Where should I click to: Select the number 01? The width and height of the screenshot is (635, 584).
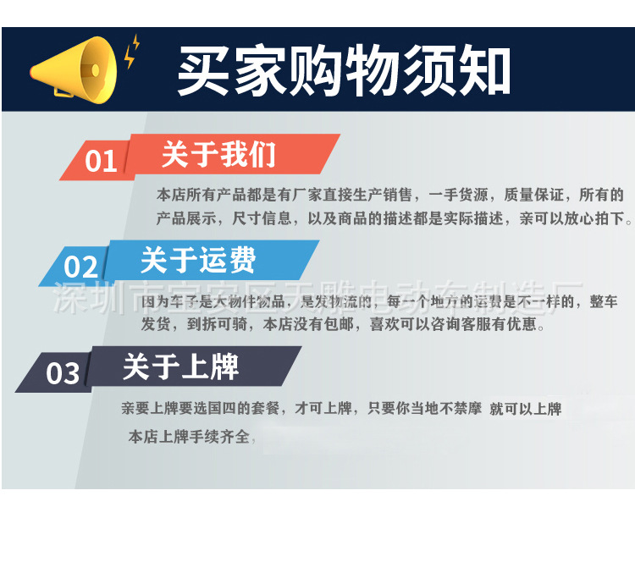101,160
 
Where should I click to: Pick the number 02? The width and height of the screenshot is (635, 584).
81,267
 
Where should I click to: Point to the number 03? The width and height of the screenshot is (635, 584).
63,373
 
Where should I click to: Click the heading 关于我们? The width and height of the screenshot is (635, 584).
218,154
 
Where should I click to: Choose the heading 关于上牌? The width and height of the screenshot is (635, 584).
180,366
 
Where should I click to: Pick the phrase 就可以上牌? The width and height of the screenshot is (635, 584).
525,409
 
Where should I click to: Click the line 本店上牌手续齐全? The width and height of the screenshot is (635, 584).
190,437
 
